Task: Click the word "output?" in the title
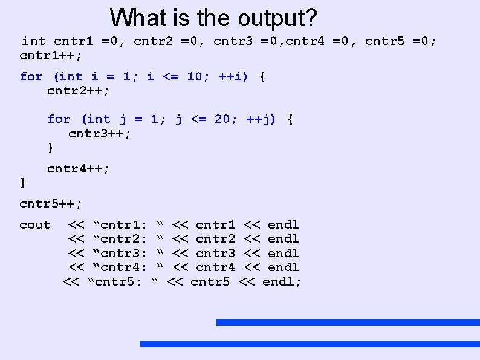pos(277,18)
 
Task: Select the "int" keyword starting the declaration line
pos(33,41)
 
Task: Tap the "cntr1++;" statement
pos(51,55)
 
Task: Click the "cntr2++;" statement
pos(79,91)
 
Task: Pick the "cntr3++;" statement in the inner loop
pos(100,133)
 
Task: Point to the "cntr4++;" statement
pos(79,169)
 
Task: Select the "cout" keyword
pos(35,225)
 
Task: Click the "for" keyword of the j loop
pos(59,119)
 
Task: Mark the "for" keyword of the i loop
pos(31,77)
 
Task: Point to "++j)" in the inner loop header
pos(261,119)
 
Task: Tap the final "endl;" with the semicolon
pos(282,281)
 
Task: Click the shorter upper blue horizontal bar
pos(348,322)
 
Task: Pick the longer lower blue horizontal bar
pos(310,344)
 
